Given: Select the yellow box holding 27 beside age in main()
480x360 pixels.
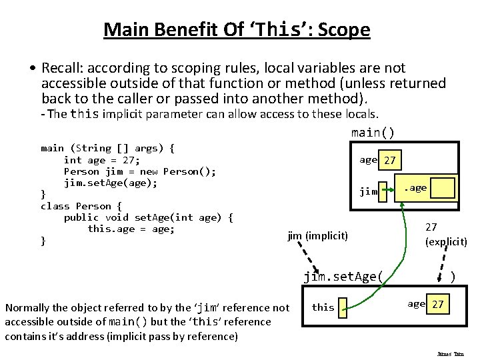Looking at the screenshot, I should click(391, 161).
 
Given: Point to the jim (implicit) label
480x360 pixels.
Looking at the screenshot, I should click(317, 235).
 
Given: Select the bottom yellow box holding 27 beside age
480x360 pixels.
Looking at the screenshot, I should click(438, 305).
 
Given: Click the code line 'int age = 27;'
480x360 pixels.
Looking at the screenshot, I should click(101, 160).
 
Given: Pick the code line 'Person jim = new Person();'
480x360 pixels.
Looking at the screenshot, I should click(139, 171).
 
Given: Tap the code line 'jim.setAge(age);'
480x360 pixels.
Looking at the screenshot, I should click(111, 183).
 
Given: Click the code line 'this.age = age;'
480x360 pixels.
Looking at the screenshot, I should click(131, 229).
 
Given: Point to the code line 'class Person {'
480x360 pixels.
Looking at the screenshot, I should click(81, 206).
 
